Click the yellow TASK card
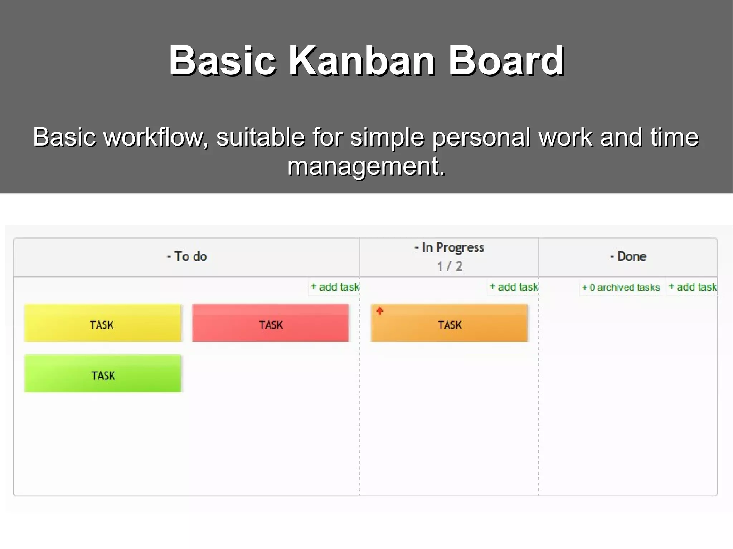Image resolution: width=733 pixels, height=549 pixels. tap(103, 323)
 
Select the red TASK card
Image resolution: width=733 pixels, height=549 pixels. tap(270, 323)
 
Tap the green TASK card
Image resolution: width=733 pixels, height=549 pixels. tap(103, 374)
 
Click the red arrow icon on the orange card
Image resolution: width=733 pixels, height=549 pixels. tap(380, 311)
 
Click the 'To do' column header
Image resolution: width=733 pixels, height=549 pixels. tap(187, 257)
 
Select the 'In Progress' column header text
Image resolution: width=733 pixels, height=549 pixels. tap(450, 247)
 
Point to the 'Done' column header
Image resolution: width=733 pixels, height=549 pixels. tap(628, 257)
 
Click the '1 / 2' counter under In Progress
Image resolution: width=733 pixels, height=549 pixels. tap(450, 266)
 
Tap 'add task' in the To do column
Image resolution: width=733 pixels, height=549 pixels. tap(335, 287)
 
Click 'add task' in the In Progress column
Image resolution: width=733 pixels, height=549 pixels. tap(514, 287)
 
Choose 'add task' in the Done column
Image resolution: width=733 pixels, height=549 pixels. tap(693, 287)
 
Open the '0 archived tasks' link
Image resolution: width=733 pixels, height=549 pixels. tap(621, 288)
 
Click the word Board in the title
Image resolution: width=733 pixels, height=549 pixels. tap(506, 60)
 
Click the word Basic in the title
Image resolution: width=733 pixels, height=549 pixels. tap(222, 60)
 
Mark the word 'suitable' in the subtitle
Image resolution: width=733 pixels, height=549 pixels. tap(260, 137)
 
